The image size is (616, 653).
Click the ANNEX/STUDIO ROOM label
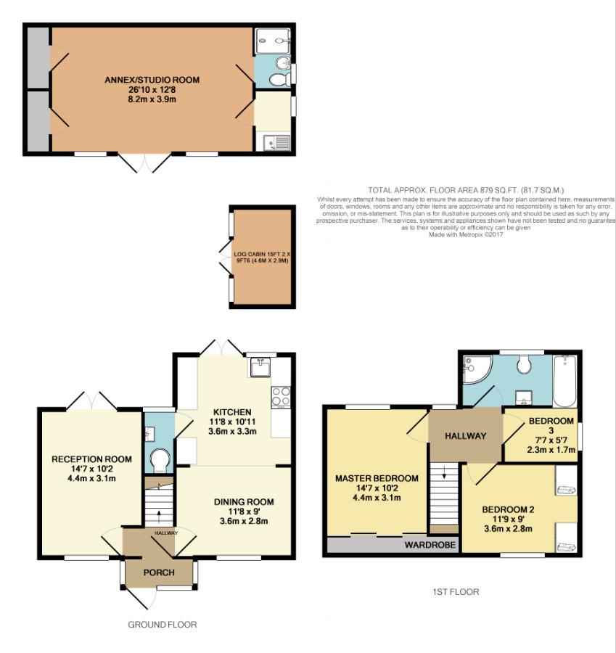152,80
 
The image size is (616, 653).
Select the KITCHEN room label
232,412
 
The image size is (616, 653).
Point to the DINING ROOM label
244,502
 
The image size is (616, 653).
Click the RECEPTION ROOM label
91,459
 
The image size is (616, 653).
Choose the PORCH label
159,572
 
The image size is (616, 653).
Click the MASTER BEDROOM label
377,479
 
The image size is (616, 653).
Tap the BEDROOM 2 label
508,509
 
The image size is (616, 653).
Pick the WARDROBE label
430,545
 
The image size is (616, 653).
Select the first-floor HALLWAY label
465,436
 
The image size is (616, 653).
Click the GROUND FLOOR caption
162,625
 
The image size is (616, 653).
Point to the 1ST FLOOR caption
456,592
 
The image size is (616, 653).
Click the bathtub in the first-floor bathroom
564,381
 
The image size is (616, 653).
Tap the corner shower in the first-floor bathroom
477,369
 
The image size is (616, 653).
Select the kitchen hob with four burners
281,397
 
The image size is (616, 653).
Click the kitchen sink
260,367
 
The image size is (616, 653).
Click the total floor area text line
466,190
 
